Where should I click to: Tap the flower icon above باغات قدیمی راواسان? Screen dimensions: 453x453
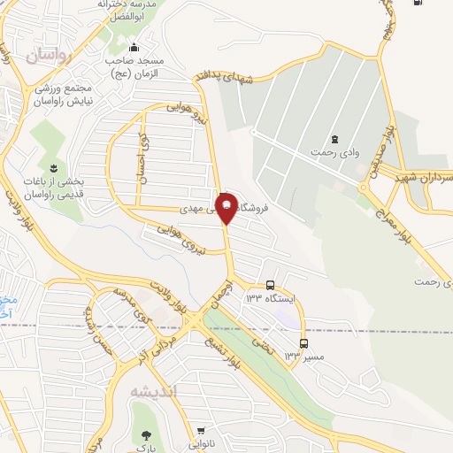[54, 167]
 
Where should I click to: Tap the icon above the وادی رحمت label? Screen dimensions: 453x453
[334, 139]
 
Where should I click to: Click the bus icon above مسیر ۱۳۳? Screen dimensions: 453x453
[304, 342]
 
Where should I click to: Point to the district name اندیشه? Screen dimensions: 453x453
[153, 391]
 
